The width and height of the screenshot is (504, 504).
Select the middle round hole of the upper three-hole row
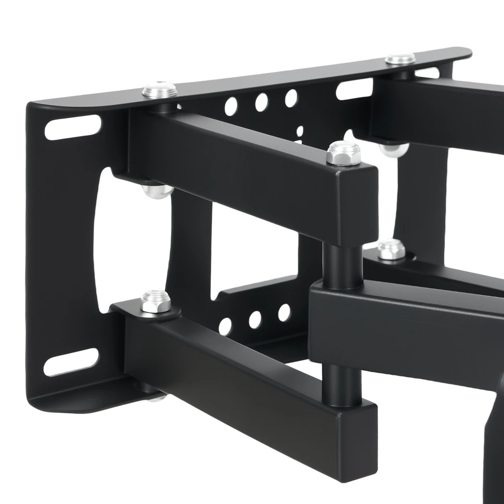pyautogui.click(x=261, y=102)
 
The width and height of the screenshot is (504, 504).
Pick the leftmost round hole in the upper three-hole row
pyautogui.click(x=231, y=107)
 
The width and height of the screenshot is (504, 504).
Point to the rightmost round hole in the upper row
pyautogui.click(x=291, y=97)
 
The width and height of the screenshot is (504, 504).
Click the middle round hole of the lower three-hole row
pyautogui.click(x=255, y=320)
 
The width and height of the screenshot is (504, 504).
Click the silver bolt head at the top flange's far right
pyautogui.click(x=400, y=59)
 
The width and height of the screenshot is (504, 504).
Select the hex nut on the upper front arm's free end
pyautogui.click(x=343, y=154)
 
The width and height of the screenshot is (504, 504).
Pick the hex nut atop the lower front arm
pyautogui.click(x=154, y=301)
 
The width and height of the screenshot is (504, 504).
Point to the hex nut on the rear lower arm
pyautogui.click(x=391, y=250)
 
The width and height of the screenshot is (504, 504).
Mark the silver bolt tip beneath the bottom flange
pyautogui.click(x=157, y=397)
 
